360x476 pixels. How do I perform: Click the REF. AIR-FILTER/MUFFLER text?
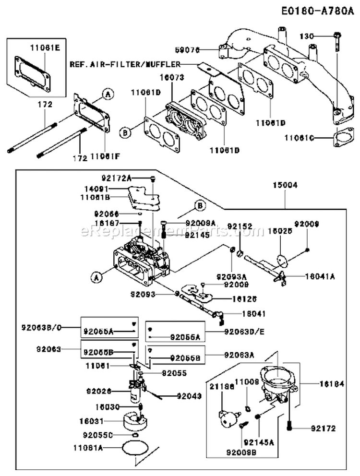[x=125, y=63]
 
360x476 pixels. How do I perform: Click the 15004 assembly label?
[x=285, y=184]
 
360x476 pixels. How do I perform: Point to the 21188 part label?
[x=219, y=385]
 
